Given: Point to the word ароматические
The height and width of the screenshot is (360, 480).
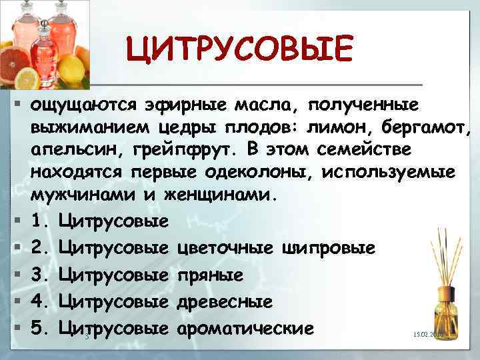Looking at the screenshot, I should coord(243,327).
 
